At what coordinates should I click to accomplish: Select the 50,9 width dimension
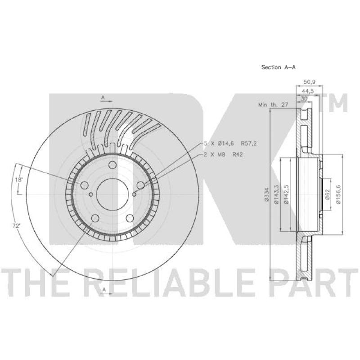(x=309, y=82)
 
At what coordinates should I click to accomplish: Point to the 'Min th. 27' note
(x=273, y=104)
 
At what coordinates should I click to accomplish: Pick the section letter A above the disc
(x=103, y=97)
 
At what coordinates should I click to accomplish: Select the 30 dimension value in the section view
(x=305, y=99)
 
